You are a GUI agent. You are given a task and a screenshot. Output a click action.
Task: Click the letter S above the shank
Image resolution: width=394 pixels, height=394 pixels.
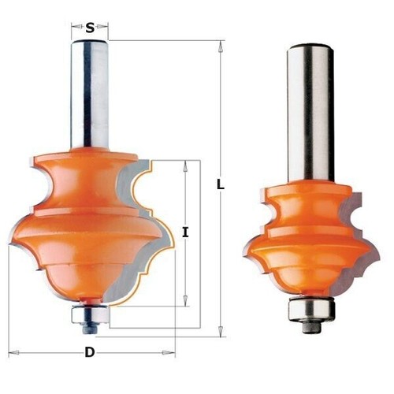click(x=91, y=28)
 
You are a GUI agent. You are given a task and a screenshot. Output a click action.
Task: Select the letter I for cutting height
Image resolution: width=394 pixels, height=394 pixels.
click(x=186, y=232)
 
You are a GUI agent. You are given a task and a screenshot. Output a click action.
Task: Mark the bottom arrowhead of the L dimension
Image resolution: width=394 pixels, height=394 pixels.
click(x=221, y=333)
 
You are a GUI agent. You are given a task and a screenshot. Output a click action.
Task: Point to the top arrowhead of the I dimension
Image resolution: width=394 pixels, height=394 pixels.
click(x=186, y=163)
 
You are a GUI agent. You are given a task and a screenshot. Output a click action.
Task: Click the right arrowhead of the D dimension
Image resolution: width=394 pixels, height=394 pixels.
click(x=171, y=352)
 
